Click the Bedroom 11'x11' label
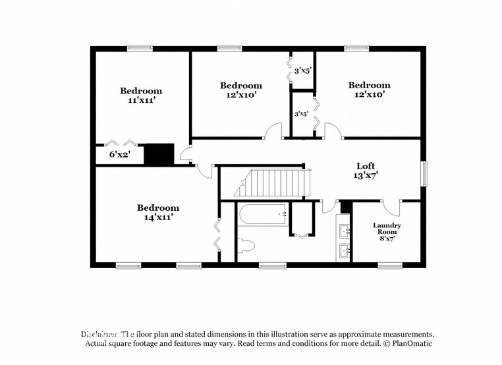140,96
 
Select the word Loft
366,166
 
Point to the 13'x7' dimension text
366,176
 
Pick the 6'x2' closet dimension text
119,155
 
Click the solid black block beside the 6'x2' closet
158,154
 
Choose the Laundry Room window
390,266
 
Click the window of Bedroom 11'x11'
140,47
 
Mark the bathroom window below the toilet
269,266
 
